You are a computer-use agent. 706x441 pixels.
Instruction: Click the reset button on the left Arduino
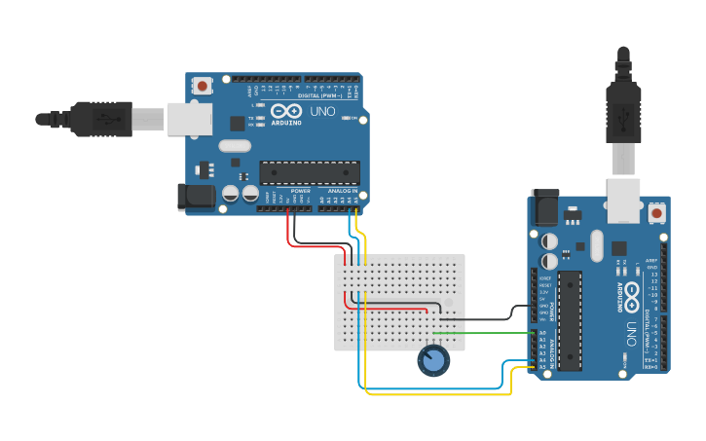coord(202,86)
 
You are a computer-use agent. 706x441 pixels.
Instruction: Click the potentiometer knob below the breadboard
coord(434,361)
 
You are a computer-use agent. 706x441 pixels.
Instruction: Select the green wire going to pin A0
coord(487,333)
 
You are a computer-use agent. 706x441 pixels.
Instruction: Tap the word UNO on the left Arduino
coord(322,112)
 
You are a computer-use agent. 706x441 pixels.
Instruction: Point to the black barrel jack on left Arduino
coord(196,198)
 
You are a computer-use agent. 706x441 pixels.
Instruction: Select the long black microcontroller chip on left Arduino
coord(309,173)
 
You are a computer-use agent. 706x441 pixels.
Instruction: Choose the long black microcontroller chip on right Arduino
coord(571,320)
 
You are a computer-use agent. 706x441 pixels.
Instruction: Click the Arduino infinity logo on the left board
coord(285,111)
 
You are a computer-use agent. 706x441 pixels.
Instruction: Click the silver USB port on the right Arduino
coord(623,200)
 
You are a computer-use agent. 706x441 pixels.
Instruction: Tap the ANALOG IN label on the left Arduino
coord(342,190)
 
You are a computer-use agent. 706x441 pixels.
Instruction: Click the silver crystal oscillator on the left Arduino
coord(235,146)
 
